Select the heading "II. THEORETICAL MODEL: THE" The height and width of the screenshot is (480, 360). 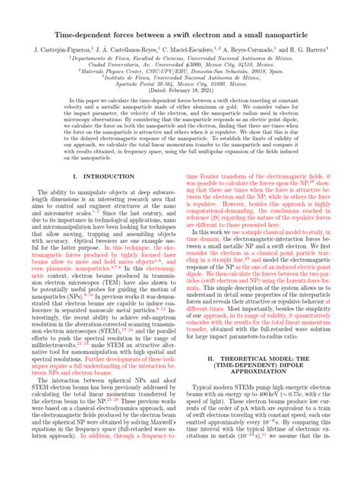tap(264, 376)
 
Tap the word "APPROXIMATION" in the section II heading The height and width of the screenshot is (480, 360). tap(264, 394)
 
